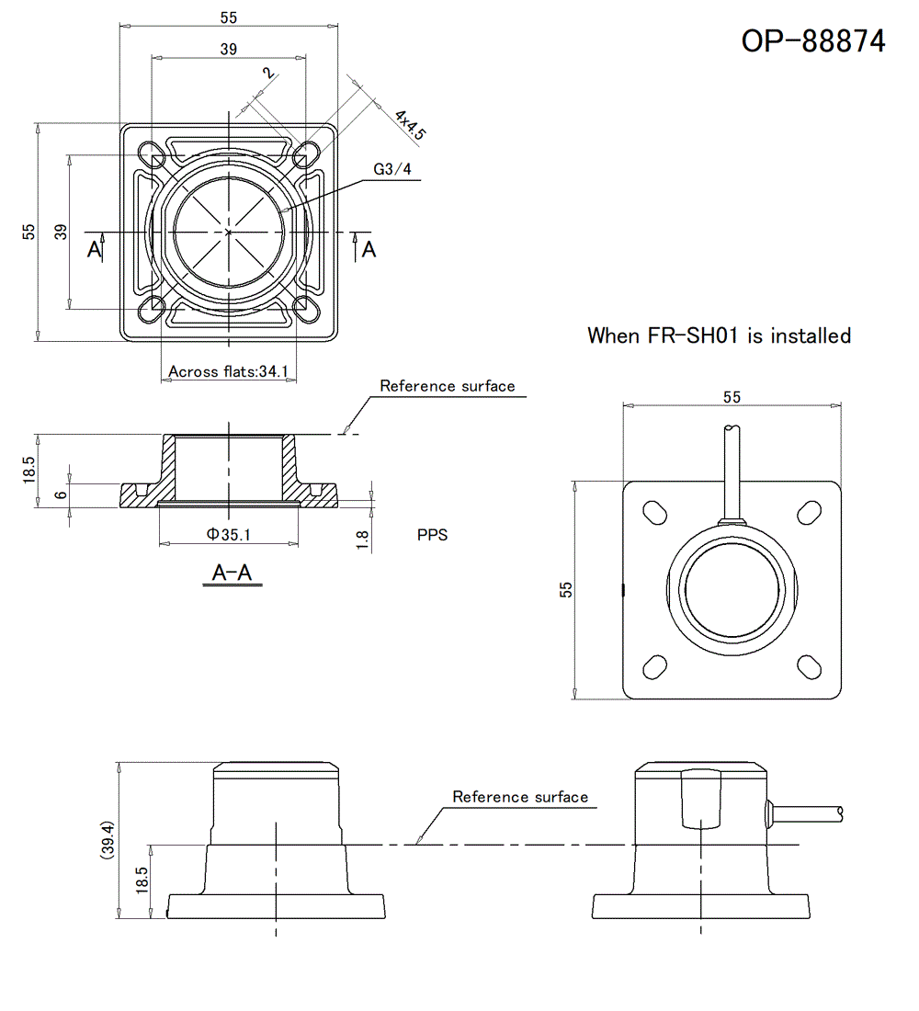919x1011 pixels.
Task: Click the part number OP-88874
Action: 813,40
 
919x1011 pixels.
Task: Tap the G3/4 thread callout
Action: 392,169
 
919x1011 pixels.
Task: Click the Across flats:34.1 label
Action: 229,372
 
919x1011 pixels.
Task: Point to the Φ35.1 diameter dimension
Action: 228,533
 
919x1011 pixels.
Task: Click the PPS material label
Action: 432,535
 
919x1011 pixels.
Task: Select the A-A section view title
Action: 232,574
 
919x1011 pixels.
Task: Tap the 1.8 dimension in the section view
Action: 363,540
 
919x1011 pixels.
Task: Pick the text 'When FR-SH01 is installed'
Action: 719,335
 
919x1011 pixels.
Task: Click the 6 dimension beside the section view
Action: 61,494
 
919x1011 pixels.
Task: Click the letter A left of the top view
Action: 94,249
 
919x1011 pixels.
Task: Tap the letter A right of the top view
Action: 369,249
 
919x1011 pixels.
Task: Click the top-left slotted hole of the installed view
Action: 655,512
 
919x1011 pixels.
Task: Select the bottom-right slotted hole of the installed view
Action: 809,665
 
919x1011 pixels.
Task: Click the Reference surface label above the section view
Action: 448,386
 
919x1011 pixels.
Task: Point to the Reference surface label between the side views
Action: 520,797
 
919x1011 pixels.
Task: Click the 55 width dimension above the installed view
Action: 732,397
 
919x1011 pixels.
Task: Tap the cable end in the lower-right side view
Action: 839,812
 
